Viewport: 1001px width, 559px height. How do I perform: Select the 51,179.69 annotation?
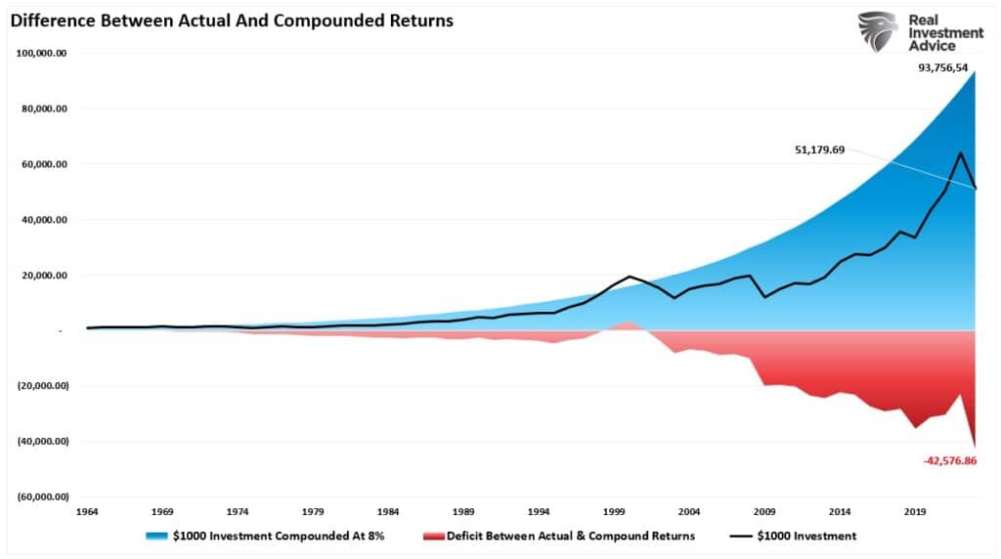click(x=821, y=150)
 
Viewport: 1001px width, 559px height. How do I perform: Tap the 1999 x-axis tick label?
click(x=614, y=511)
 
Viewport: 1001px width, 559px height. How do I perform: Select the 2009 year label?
click(x=763, y=511)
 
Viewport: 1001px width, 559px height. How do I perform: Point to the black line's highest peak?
click(x=961, y=153)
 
